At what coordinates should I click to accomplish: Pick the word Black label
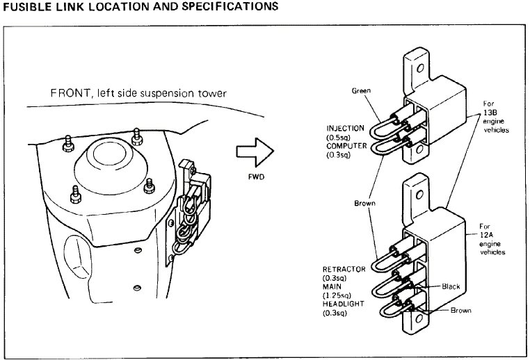pos(453,286)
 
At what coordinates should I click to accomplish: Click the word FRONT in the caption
pos(67,94)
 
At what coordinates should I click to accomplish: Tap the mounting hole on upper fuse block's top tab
pos(419,69)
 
